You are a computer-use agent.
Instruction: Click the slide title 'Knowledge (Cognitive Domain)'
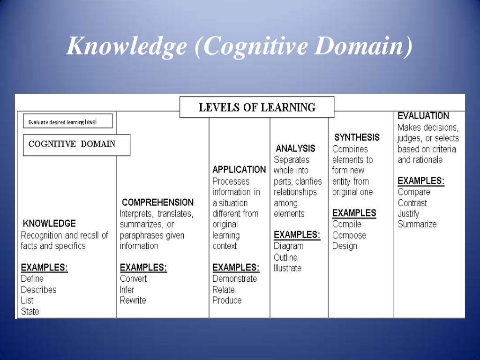(x=240, y=47)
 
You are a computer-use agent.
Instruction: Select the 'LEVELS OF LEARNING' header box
(x=257, y=107)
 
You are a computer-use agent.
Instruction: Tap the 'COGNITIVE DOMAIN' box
(x=72, y=144)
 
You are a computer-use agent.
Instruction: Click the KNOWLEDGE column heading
(x=49, y=224)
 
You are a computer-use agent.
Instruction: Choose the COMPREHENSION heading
(x=157, y=202)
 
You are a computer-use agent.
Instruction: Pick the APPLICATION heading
(x=239, y=170)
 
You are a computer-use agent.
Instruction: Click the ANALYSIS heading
(x=295, y=149)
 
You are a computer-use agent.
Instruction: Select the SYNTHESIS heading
(x=357, y=138)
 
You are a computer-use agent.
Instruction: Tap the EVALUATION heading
(x=423, y=116)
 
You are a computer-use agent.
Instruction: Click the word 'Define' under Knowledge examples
(x=32, y=279)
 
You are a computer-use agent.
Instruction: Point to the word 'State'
(x=30, y=312)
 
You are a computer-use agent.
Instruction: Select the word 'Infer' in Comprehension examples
(x=127, y=290)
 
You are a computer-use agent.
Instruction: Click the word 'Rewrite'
(x=133, y=300)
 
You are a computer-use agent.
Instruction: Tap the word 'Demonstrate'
(x=235, y=279)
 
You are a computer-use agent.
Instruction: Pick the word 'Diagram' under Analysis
(x=289, y=246)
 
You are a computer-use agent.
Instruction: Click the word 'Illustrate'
(x=288, y=269)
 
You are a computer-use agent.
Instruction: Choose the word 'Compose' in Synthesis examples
(x=349, y=235)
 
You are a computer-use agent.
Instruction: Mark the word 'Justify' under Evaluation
(x=409, y=214)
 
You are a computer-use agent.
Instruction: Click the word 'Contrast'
(x=412, y=203)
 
